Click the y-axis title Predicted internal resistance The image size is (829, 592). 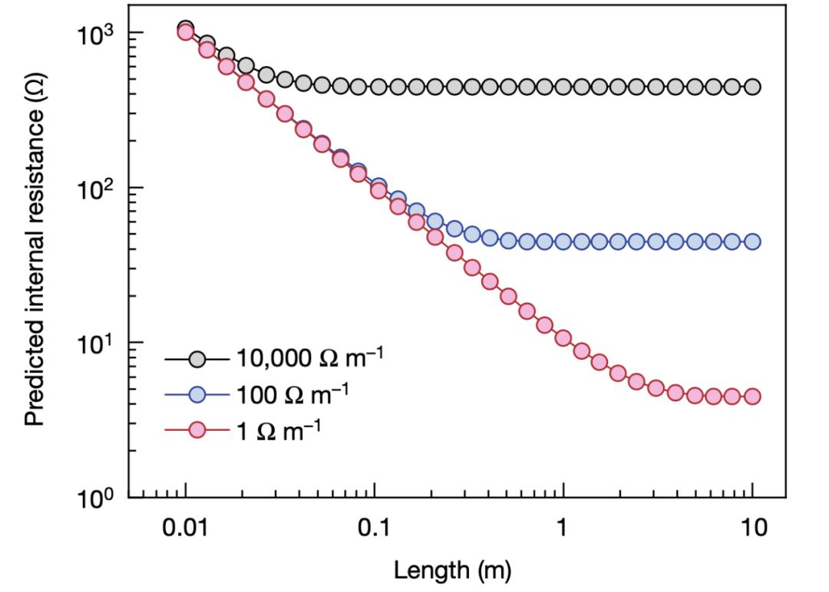click(x=35, y=250)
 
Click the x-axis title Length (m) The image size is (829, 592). click(x=452, y=570)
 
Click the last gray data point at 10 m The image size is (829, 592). click(x=751, y=87)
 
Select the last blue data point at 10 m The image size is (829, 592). click(x=751, y=242)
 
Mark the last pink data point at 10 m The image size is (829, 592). click(x=751, y=396)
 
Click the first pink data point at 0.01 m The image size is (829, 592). click(x=185, y=32)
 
